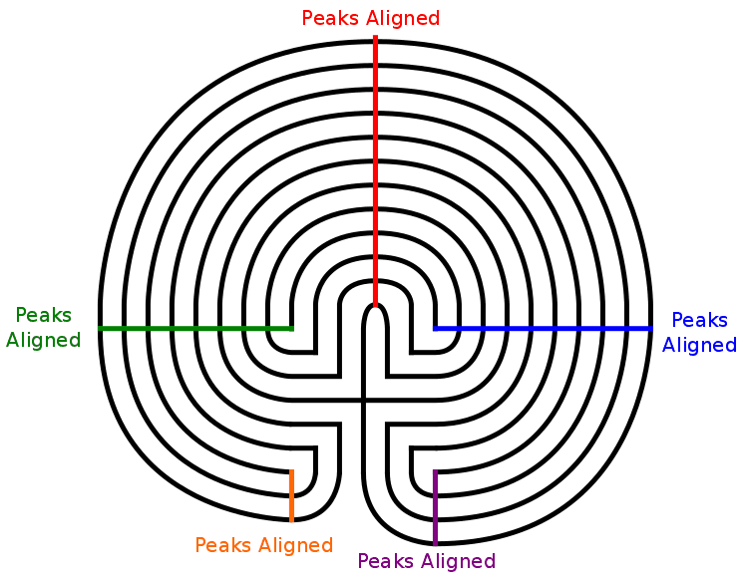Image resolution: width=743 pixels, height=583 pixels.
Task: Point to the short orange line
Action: tap(291, 495)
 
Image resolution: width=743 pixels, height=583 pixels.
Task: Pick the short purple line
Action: tap(435, 507)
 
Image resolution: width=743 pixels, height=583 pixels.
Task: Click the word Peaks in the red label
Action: tap(330, 18)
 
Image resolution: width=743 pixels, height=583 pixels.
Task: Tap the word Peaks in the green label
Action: tap(43, 316)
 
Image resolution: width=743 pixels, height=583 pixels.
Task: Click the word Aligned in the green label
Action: tap(43, 340)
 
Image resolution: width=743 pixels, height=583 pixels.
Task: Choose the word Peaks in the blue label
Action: tap(699, 321)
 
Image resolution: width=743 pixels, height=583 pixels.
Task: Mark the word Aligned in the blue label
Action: tap(699, 345)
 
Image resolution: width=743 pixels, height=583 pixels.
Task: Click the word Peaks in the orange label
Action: tap(223, 545)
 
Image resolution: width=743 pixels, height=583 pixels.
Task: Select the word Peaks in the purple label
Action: tap(386, 561)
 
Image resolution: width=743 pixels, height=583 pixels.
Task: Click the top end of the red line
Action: tap(375, 38)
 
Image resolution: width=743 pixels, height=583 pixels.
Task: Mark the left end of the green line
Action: tap(101, 328)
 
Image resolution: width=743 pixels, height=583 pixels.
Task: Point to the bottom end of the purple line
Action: tap(435, 542)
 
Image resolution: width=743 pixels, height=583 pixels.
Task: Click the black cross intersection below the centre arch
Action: tap(364, 401)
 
